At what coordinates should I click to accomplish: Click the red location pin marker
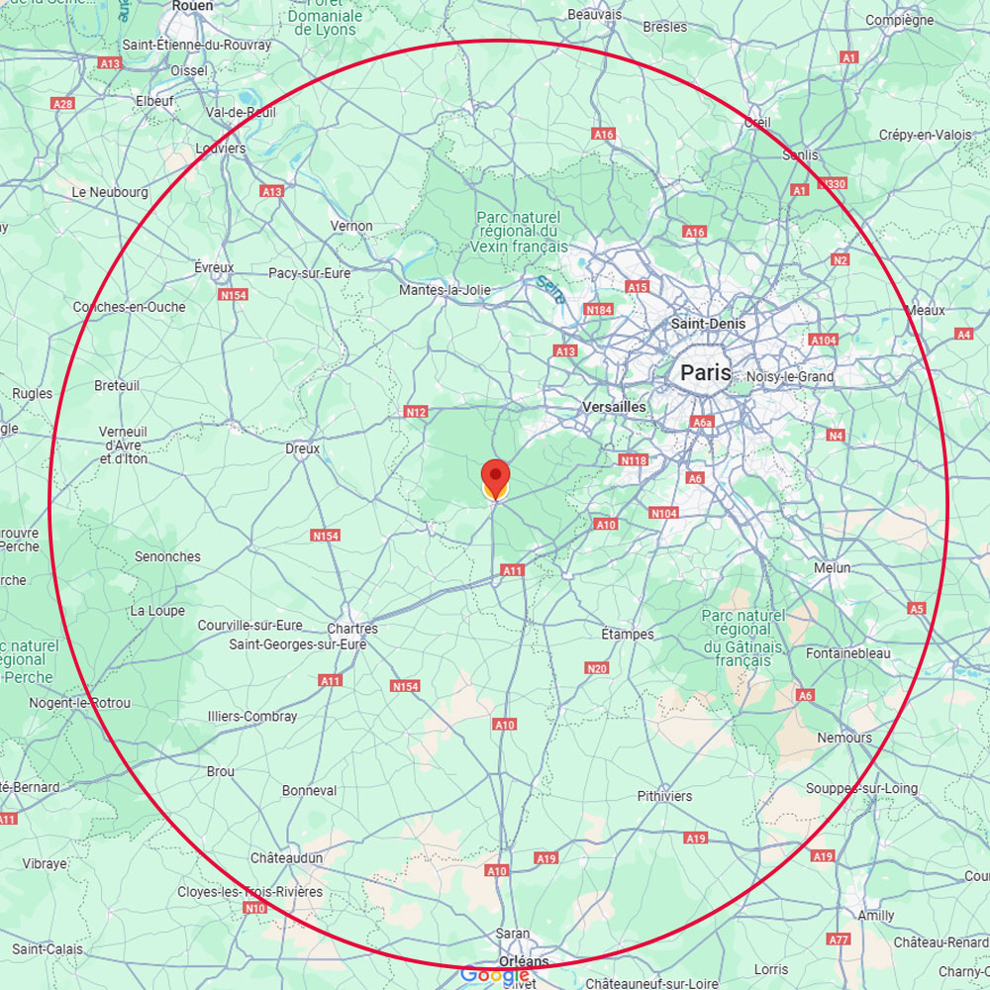pyautogui.click(x=495, y=476)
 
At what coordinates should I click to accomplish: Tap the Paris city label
pyautogui.click(x=706, y=373)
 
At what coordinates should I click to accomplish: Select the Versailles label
pyautogui.click(x=614, y=407)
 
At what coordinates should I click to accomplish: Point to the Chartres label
pyautogui.click(x=352, y=629)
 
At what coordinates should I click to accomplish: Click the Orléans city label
pyautogui.click(x=525, y=961)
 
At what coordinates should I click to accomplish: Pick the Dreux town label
pyautogui.click(x=302, y=448)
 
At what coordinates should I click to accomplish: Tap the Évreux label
pyautogui.click(x=214, y=267)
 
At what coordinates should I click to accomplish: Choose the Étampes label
pyautogui.click(x=628, y=634)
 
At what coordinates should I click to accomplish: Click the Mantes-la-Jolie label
pyautogui.click(x=445, y=290)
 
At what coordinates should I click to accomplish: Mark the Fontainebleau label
pyautogui.click(x=848, y=653)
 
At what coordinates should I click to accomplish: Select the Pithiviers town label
pyautogui.click(x=664, y=796)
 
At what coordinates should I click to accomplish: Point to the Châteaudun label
pyautogui.click(x=286, y=856)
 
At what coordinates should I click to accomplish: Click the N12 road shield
pyautogui.click(x=416, y=412)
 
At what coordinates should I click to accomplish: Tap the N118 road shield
pyautogui.click(x=633, y=460)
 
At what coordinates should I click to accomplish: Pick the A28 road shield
pyautogui.click(x=63, y=104)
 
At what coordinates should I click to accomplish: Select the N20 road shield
pyautogui.click(x=597, y=669)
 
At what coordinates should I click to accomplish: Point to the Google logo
pyautogui.click(x=495, y=975)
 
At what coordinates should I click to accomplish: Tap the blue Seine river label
pyautogui.click(x=550, y=288)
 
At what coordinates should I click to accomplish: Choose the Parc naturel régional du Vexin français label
pyautogui.click(x=519, y=232)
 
